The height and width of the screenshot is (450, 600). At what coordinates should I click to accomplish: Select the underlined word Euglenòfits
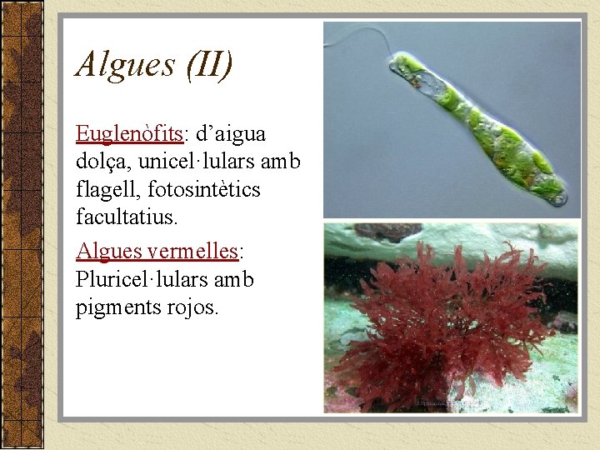[x=129, y=133]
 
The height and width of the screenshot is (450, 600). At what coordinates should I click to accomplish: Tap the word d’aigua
[x=231, y=133]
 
